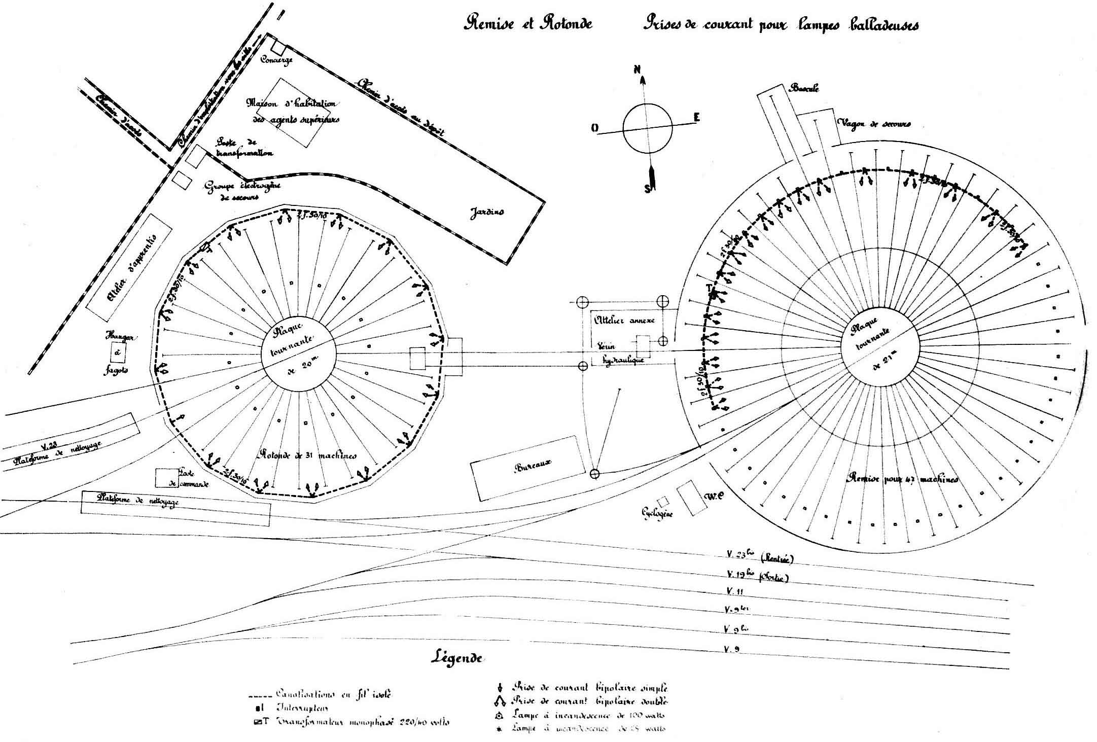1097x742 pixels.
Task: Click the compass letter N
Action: point(636,70)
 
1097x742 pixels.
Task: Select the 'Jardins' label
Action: point(486,211)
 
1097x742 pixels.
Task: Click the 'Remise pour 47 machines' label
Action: point(903,479)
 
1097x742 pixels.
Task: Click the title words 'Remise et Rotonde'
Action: point(528,24)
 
